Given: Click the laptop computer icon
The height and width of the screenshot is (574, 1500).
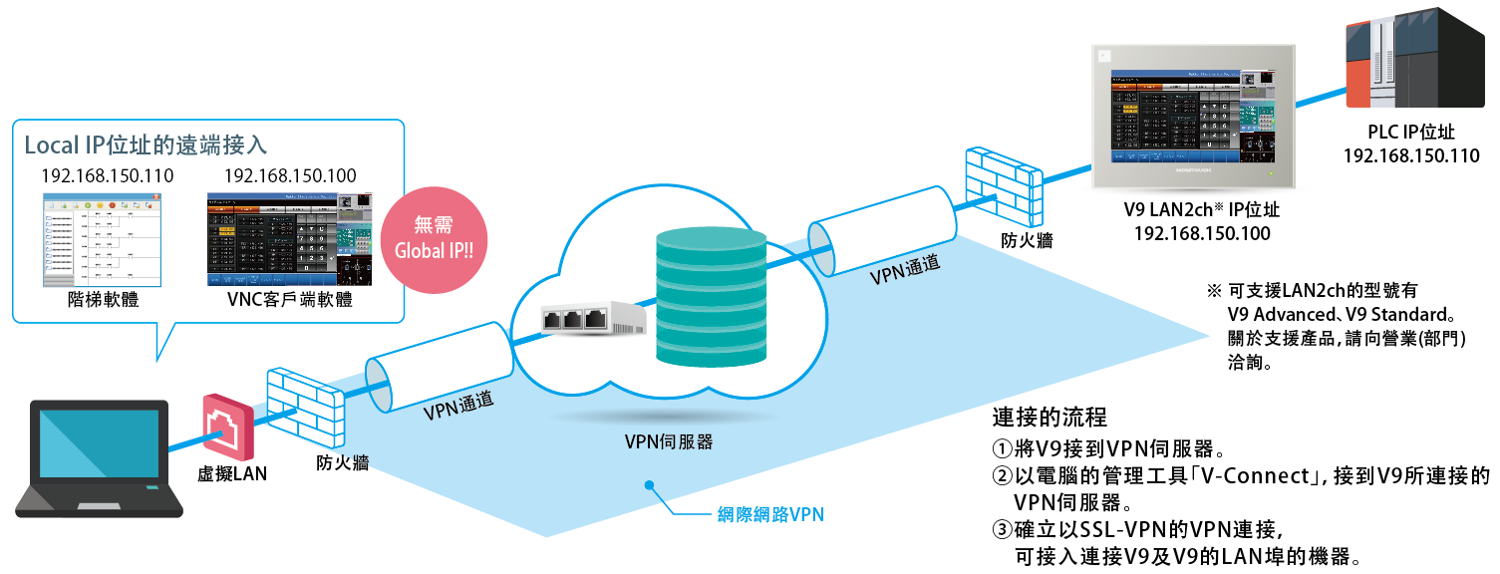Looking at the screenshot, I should click(x=97, y=458).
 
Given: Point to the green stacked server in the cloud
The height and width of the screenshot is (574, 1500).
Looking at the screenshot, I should click(x=712, y=299).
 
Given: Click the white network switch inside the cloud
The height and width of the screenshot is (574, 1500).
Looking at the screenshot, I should click(x=593, y=319).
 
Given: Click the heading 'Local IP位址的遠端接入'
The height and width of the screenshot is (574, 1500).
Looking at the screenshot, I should click(x=146, y=145).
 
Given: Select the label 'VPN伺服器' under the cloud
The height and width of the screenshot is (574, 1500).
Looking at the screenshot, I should click(x=668, y=442).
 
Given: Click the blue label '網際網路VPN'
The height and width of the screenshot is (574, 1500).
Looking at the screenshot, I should click(x=771, y=515).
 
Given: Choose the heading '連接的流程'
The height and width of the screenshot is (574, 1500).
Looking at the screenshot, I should click(x=1050, y=416).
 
